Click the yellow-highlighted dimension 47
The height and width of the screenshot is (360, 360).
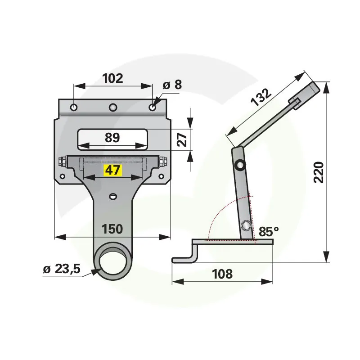112,171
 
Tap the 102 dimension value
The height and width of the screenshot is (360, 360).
112,78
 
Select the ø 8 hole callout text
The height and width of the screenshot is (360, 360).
172,85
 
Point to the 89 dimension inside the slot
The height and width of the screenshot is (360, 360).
112,138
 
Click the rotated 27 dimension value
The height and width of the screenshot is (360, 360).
183,139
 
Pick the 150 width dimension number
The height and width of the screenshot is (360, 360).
112,229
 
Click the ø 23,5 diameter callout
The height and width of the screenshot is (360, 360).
62,269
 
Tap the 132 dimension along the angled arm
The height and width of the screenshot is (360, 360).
261,97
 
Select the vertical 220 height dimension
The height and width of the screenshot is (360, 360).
319,172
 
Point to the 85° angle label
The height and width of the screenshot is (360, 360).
269,232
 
